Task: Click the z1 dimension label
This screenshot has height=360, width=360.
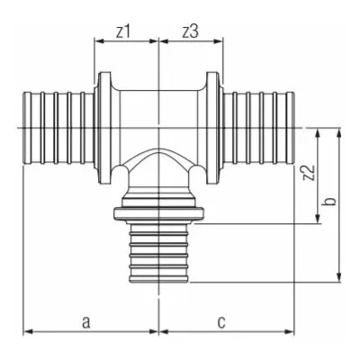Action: coord(123,32)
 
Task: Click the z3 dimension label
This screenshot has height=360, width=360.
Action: coord(191,32)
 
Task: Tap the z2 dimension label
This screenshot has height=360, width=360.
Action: coord(310,173)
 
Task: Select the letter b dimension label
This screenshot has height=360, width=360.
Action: coord(329,202)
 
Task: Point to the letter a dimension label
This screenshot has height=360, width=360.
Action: coord(86,322)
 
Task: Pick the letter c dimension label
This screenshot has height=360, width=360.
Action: coord(221,322)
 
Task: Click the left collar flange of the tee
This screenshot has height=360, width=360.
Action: coord(104,128)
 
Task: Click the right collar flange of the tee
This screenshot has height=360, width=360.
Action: coord(212,128)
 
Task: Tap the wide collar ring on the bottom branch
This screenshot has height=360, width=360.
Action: coord(158,213)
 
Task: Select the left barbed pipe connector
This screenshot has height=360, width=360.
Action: coord(58,128)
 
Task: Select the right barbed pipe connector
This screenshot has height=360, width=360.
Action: coord(259,128)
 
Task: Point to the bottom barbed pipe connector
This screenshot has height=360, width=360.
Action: coord(158,253)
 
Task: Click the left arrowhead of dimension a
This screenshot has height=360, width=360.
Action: coord(28,332)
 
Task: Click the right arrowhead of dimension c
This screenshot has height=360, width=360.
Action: coord(290,332)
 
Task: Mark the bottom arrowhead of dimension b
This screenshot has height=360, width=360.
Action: coord(339,278)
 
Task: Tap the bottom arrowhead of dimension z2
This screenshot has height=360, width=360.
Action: coord(318,219)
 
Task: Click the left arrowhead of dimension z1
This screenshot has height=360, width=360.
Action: coord(99,41)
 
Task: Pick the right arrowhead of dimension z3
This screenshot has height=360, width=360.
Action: coord(219,41)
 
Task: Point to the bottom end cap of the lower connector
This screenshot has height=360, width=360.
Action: coord(158,279)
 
